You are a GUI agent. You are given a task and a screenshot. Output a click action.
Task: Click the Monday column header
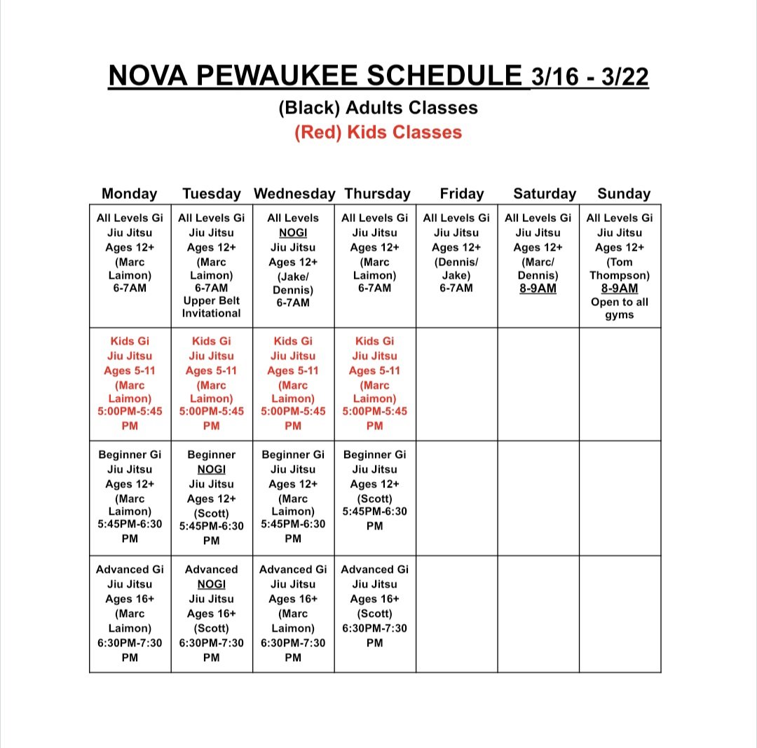click(x=130, y=193)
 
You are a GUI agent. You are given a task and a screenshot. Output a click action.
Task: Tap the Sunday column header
click(x=624, y=193)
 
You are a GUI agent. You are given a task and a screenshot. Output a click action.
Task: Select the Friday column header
click(x=461, y=193)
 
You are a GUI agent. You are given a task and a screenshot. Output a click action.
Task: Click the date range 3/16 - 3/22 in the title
click(x=589, y=77)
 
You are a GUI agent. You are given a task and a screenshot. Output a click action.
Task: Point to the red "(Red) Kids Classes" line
click(x=378, y=132)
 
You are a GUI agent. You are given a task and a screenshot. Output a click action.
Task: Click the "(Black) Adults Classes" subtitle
click(x=378, y=108)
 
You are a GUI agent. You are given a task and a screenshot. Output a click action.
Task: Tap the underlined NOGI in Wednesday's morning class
click(x=293, y=233)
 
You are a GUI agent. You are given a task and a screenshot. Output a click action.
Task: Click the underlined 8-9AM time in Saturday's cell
click(x=538, y=289)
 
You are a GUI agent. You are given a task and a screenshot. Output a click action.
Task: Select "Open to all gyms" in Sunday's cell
click(x=620, y=308)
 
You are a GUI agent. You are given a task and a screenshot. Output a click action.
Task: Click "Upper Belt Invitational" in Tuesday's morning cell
click(x=211, y=307)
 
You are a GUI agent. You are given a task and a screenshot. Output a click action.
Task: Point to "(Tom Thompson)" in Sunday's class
click(x=620, y=269)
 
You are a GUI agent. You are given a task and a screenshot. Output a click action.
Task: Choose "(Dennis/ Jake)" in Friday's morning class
click(x=456, y=269)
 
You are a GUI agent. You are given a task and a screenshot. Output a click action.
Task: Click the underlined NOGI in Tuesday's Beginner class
click(x=211, y=469)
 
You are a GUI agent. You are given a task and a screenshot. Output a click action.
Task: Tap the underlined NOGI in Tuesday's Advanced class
click(x=211, y=584)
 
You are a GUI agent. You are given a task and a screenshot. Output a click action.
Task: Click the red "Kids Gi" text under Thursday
click(x=374, y=341)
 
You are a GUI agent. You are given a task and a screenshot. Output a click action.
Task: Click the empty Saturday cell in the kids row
click(x=538, y=384)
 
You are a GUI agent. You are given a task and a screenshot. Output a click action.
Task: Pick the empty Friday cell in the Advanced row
click(x=456, y=614)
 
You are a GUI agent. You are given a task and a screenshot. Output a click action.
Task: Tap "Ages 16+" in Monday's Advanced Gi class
click(x=130, y=599)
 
